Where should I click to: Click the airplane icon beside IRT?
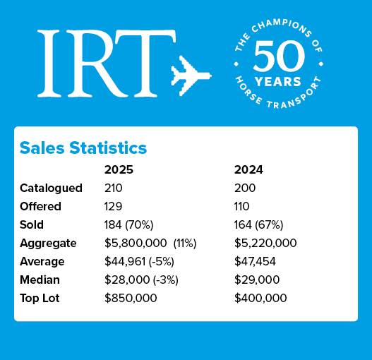(191, 73)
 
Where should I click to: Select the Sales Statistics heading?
(83, 148)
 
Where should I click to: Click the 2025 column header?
(119, 170)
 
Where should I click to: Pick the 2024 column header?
(248, 170)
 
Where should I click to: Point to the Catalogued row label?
(51, 188)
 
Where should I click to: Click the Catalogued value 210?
(114, 188)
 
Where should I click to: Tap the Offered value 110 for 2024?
(243, 207)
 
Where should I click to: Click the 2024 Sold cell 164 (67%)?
(258, 225)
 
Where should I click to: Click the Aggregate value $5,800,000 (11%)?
(150, 244)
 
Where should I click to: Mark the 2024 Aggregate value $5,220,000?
(265, 244)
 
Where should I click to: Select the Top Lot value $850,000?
(131, 299)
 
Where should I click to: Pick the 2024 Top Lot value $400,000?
(260, 299)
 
